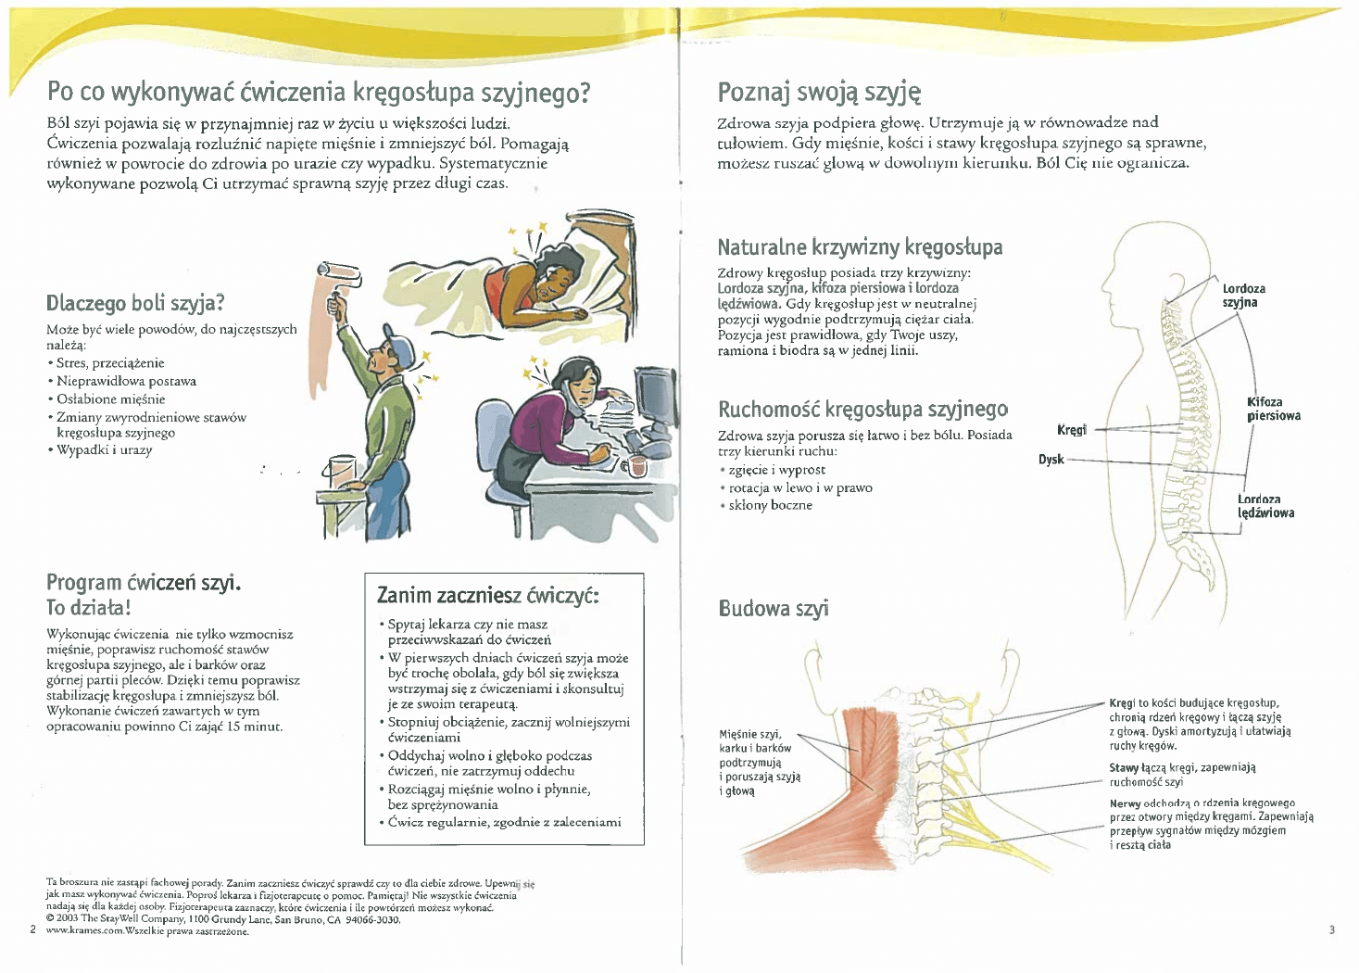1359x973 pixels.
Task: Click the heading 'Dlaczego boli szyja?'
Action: pos(135,303)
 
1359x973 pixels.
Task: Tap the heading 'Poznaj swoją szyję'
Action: pos(819,92)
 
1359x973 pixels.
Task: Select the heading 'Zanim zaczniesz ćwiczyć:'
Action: pos(487,595)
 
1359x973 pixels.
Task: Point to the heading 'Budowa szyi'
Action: pos(774,609)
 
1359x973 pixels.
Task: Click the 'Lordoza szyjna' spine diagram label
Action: pos(1243,296)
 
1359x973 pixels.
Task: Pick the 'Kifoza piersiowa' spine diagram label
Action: pos(1273,409)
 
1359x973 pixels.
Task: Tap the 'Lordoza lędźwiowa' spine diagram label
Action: pos(1265,506)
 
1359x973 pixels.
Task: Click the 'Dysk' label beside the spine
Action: pos(1051,460)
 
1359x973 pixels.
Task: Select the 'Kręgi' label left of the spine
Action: pos(1072,430)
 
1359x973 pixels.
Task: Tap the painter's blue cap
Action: pos(399,348)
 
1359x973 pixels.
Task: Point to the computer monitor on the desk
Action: pos(654,395)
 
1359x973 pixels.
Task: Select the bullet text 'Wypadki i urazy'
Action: pos(104,450)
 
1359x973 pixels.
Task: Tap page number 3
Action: pos(1331,929)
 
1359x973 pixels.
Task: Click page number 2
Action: pos(32,929)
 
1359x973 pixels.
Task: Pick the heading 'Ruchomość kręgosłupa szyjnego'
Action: pos(862,409)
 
